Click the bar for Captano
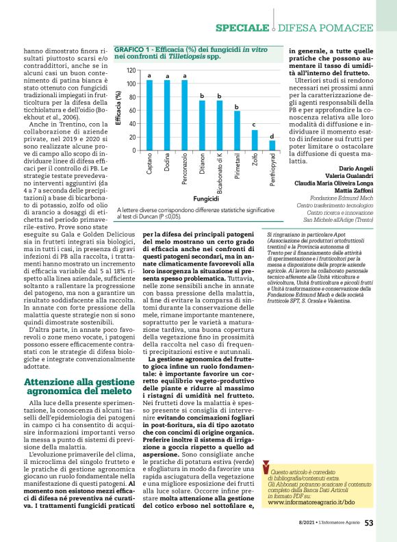click(150, 115)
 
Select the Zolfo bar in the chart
click(255, 140)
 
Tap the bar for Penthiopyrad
click(272, 145)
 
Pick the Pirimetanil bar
click(237, 130)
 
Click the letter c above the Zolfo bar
click(255, 125)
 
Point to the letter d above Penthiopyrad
click(272, 136)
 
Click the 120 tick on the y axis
click(131, 71)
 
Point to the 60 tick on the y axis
click(132, 110)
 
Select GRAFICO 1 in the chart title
click(132, 51)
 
